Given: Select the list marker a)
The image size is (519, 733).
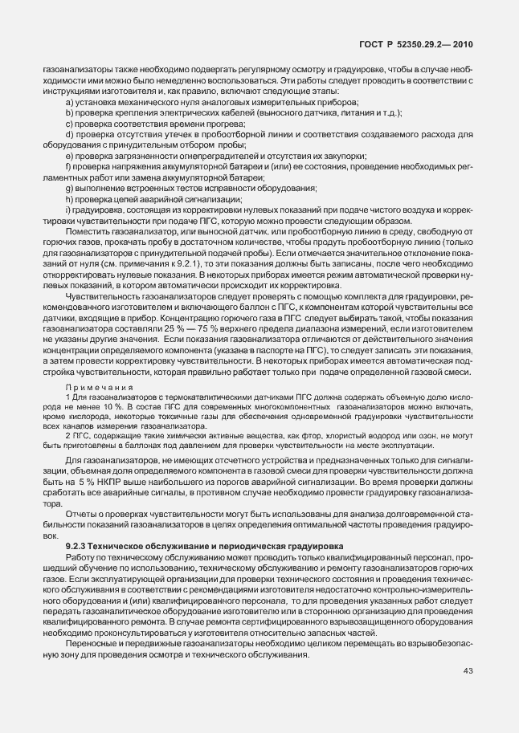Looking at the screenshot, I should click(x=69, y=104).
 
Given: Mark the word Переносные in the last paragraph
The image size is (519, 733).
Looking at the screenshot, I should click(x=92, y=645).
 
